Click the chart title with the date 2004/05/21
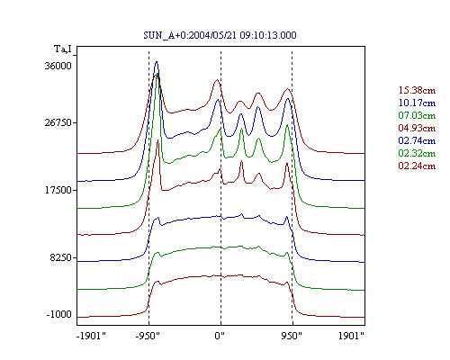pos(220,35)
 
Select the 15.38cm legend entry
pos(417,90)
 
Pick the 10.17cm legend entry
pos(417,103)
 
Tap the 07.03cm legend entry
pos(417,115)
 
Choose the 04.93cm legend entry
pos(417,128)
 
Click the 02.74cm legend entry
pos(417,140)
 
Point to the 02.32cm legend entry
pos(417,153)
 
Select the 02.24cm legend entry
pos(417,166)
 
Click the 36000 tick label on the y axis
pos(58,66)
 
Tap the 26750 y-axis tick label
pos(58,122)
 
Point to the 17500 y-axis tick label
pos(58,190)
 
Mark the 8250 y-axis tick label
pos(61,257)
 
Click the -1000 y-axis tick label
pos(59,314)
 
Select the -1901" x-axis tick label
pos(91,336)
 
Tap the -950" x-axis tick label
pos(148,336)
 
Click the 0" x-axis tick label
pos(220,336)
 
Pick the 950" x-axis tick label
pos(292,336)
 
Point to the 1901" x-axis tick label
pos(351,336)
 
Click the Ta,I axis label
pos(63,49)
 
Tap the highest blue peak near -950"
pos(156,62)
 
